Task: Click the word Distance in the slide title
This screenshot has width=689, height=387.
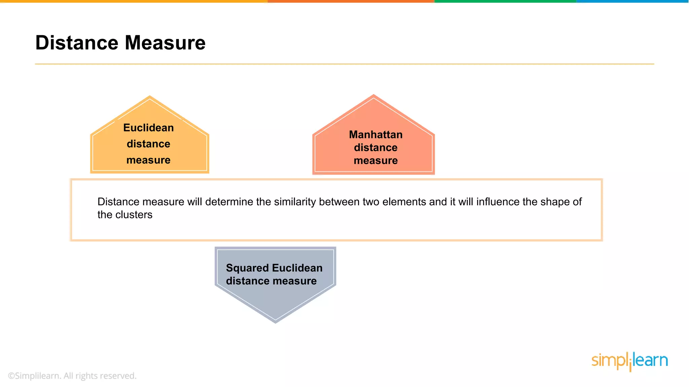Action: point(77,43)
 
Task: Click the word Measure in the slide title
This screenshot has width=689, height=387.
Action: point(165,43)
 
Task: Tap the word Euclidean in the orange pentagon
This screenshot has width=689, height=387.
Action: point(148,128)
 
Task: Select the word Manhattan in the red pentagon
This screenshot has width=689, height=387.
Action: point(376,135)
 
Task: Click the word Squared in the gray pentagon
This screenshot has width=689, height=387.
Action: point(247,268)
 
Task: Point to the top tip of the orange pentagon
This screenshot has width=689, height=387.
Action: point(150,97)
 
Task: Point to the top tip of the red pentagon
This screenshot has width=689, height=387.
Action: point(373,95)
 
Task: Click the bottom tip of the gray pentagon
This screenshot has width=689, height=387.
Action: point(276,322)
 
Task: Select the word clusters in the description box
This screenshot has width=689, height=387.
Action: point(134,215)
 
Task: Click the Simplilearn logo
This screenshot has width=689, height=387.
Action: point(629,361)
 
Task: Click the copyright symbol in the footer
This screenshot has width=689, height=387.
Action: point(11,376)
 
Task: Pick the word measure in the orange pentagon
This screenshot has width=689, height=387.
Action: point(148,160)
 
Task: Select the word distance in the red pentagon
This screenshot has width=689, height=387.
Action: point(376,148)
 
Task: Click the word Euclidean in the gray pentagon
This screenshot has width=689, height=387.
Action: point(297,268)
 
